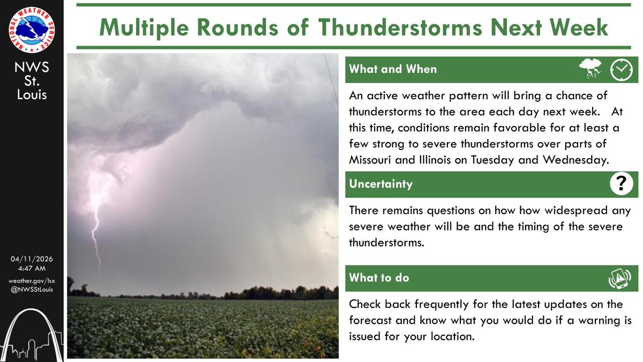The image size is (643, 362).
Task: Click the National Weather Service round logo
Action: tap(32, 29)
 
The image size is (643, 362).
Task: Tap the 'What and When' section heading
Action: tap(393, 69)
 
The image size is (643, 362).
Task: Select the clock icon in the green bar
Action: tap(622, 69)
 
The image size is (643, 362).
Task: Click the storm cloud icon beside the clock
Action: tap(591, 69)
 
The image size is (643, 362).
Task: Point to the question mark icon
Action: tap(621, 184)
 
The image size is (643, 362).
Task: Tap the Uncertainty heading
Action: tap(381, 184)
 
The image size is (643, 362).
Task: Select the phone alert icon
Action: tap(620, 278)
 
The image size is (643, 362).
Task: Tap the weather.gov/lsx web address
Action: tap(32, 281)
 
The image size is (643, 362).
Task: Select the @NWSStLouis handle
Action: tap(32, 290)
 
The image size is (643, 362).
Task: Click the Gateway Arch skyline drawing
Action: tap(32, 333)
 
